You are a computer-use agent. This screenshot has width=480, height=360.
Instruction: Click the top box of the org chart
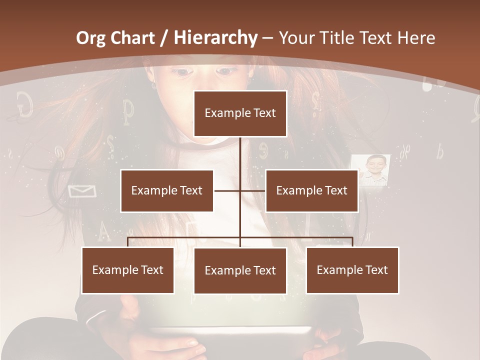[x=240, y=113]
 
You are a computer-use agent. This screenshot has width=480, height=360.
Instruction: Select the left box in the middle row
[x=166, y=190]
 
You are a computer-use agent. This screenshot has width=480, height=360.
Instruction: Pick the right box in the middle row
[x=311, y=190]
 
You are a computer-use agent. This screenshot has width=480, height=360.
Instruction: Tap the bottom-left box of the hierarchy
[x=127, y=270]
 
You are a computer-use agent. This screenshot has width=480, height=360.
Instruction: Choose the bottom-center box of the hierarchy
[x=240, y=270]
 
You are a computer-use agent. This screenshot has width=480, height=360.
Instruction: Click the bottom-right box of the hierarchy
[x=352, y=270]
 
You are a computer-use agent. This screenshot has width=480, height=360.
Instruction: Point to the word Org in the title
[x=91, y=38]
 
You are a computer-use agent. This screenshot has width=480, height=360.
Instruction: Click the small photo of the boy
[x=370, y=170]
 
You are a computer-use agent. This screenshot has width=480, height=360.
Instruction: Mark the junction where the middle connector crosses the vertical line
[x=240, y=190]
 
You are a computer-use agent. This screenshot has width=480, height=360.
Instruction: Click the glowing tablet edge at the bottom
[x=240, y=330]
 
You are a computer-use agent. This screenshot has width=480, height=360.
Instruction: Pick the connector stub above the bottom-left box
[x=127, y=242]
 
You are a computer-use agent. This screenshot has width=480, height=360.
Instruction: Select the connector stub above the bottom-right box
[x=352, y=242]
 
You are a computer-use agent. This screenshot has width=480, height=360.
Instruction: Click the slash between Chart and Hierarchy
[x=163, y=38]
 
